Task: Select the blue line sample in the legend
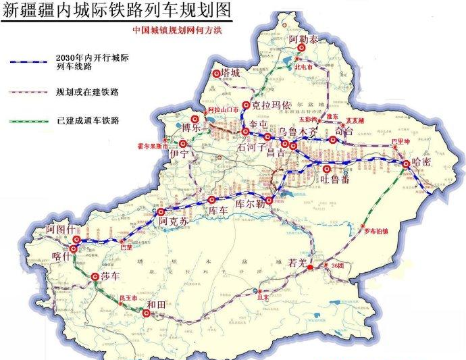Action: pyautogui.click(x=29, y=62)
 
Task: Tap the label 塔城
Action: pyautogui.click(x=230, y=73)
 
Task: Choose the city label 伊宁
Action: pyautogui.click(x=180, y=154)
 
